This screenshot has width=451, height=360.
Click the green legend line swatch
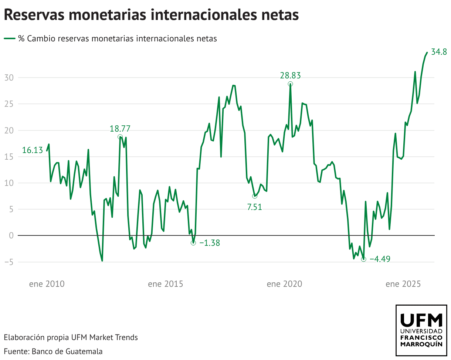coord(10,38)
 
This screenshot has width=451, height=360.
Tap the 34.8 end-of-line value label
coord(439,52)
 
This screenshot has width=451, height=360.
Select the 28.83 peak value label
coord(290,76)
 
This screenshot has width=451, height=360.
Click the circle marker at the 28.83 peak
coord(291,84)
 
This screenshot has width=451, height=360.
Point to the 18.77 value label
coord(120,129)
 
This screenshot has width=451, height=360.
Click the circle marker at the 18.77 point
coord(120,137)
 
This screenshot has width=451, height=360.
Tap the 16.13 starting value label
coord(33,150)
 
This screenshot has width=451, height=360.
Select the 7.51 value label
coord(254,207)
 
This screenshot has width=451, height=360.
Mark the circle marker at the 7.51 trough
coord(254,196)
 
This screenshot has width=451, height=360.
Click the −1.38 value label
coord(210,243)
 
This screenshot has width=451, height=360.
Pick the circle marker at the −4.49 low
coord(363,259)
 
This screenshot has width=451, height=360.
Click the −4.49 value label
coord(380,259)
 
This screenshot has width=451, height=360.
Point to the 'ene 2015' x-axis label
coord(165,284)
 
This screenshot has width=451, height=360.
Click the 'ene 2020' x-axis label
coord(284,284)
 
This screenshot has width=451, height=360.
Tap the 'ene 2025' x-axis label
coord(403,284)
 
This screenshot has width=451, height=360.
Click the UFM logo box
coord(421,330)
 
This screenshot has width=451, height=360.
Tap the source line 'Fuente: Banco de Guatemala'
coord(53,351)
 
